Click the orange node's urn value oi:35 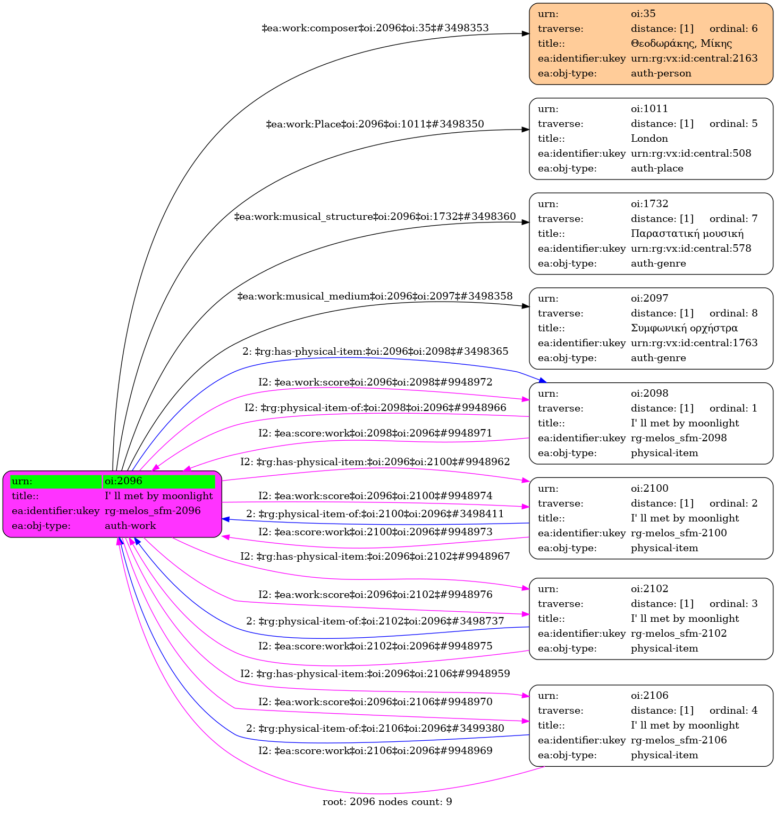(643, 14)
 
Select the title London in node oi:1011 (649, 139)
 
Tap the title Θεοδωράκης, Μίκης (681, 44)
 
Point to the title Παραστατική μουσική (687, 234)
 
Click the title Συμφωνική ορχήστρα (684, 328)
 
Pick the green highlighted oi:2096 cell (159, 481)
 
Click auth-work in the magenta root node (130, 526)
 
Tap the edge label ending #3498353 (375, 28)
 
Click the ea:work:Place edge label (375, 124)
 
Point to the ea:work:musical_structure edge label (375, 217)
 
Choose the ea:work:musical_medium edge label (375, 296)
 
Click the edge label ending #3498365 (375, 352)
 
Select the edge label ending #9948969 (375, 751)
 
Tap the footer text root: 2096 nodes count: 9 (387, 802)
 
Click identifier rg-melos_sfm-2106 (679, 740)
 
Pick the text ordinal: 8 (733, 313)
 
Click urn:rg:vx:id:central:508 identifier (691, 153)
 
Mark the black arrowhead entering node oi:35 (525, 33)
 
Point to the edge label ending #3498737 (375, 621)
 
